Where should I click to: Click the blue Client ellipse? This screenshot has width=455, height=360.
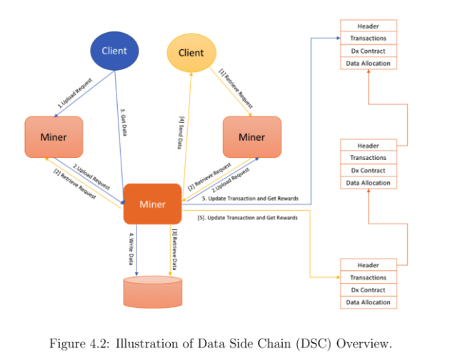(114, 51)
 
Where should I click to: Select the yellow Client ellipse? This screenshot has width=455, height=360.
(191, 53)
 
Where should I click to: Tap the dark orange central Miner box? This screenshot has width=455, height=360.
(152, 204)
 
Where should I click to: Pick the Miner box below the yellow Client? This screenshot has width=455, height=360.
(251, 137)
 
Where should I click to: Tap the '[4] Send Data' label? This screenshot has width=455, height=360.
(179, 133)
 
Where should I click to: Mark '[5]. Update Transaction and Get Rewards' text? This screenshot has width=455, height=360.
(246, 217)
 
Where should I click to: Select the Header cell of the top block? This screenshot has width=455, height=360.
(368, 26)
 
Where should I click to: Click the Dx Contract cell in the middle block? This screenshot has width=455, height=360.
(368, 171)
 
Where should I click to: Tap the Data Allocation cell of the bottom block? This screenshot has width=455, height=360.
(368, 303)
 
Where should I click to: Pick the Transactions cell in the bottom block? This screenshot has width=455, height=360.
(368, 278)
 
